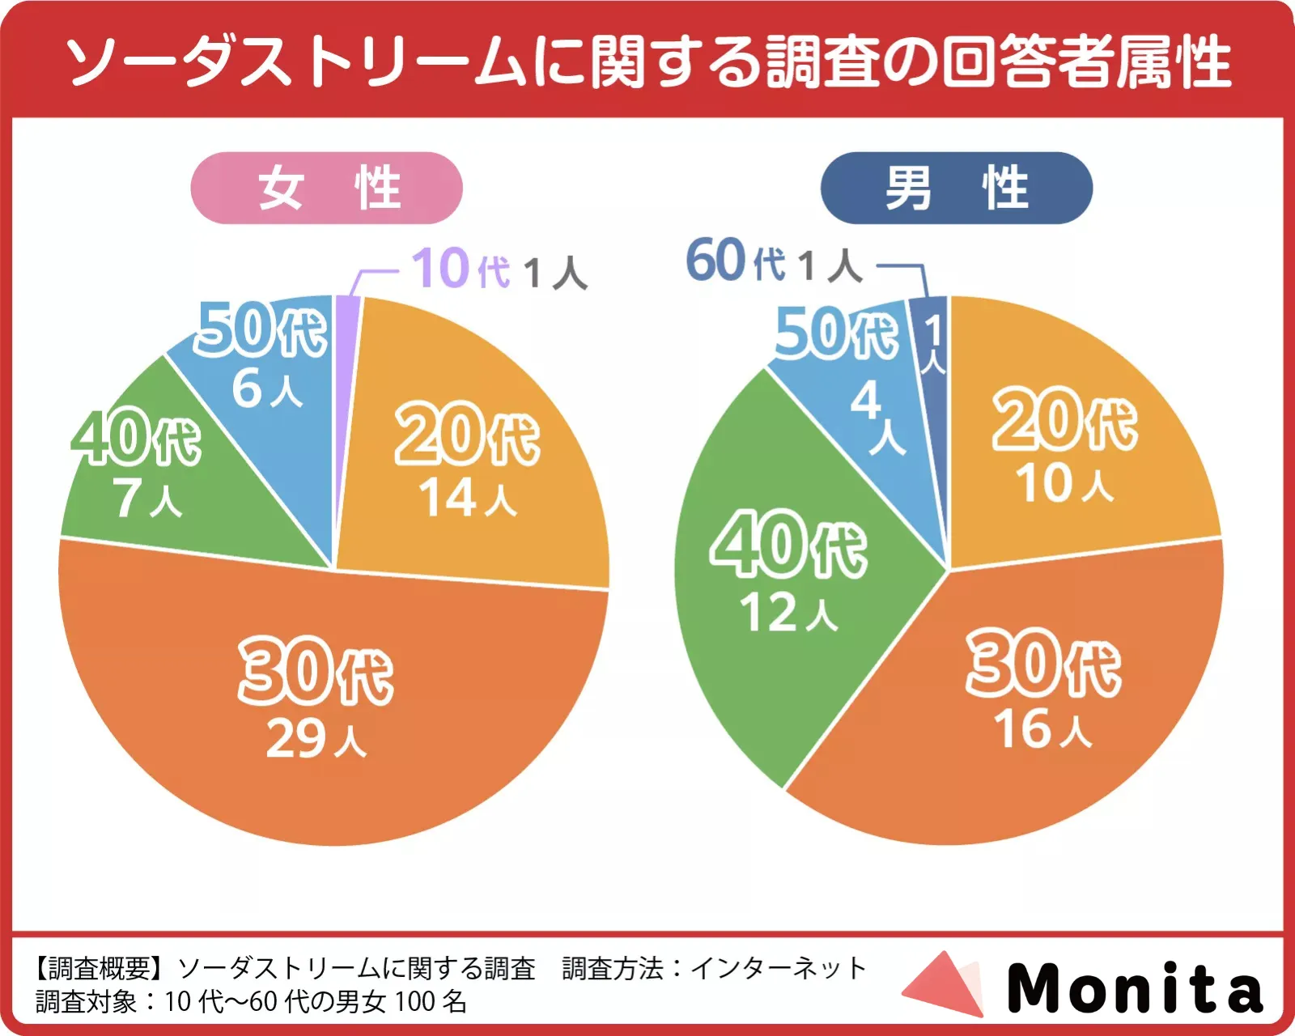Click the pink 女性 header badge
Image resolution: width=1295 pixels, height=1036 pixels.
click(x=326, y=188)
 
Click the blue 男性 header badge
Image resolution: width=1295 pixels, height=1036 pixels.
click(x=956, y=188)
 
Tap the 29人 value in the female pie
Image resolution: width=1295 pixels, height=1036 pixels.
click(x=316, y=739)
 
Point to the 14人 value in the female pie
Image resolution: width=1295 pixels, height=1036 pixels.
click(x=468, y=497)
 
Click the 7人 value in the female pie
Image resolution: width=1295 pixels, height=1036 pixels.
click(x=147, y=499)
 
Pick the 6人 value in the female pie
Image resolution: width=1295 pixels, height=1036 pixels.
click(x=267, y=389)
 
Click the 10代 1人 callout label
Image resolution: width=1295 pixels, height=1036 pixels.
click(x=499, y=270)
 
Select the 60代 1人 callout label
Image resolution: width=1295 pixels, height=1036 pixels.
click(x=774, y=262)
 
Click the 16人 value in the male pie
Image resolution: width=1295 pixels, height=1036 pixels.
click(x=1042, y=729)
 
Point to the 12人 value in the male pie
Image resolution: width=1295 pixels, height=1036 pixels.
click(x=788, y=613)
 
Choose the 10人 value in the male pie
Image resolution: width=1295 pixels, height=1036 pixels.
click(x=1064, y=484)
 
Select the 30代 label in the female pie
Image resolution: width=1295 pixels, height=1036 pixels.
click(x=316, y=671)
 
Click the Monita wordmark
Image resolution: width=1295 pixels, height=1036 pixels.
click(x=1135, y=987)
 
